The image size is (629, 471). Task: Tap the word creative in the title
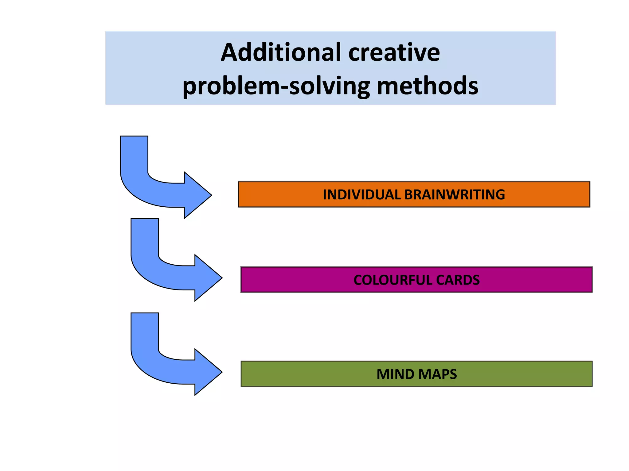click(x=394, y=53)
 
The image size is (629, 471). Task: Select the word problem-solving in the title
click(x=276, y=86)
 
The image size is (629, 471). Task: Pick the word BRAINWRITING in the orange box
click(x=455, y=195)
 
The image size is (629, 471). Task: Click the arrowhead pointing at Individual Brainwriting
click(x=197, y=195)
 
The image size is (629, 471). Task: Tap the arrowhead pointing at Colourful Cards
click(x=207, y=278)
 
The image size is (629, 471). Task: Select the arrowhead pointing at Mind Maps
click(x=207, y=372)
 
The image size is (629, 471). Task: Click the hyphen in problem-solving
click(x=284, y=87)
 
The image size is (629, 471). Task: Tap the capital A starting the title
click(x=230, y=53)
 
